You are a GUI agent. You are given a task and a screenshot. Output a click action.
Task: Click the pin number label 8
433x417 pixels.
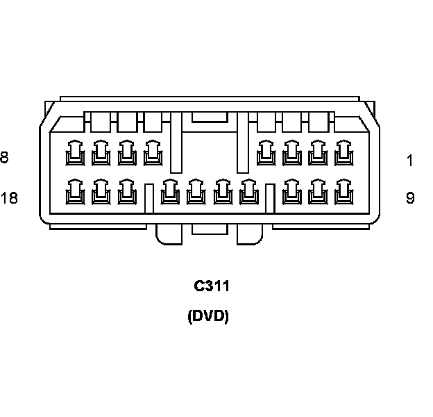click(x=4, y=158)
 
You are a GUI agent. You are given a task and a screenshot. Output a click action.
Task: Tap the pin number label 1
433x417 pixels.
click(x=410, y=161)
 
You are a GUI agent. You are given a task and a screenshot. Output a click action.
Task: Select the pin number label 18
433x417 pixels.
click(x=9, y=198)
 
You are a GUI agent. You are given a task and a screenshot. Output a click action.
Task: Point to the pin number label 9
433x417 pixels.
click(x=410, y=198)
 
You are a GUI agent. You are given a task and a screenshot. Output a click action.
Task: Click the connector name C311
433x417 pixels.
click(x=212, y=286)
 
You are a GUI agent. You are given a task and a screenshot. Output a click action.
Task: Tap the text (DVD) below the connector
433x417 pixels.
click(x=208, y=317)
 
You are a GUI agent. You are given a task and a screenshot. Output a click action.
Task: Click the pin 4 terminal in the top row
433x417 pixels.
click(x=265, y=153)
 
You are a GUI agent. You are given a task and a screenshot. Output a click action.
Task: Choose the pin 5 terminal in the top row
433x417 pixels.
click(x=152, y=153)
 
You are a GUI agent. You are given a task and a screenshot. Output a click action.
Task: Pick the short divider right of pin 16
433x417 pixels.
click(x=148, y=197)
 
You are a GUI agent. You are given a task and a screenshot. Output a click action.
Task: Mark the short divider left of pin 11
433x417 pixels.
click(x=270, y=197)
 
